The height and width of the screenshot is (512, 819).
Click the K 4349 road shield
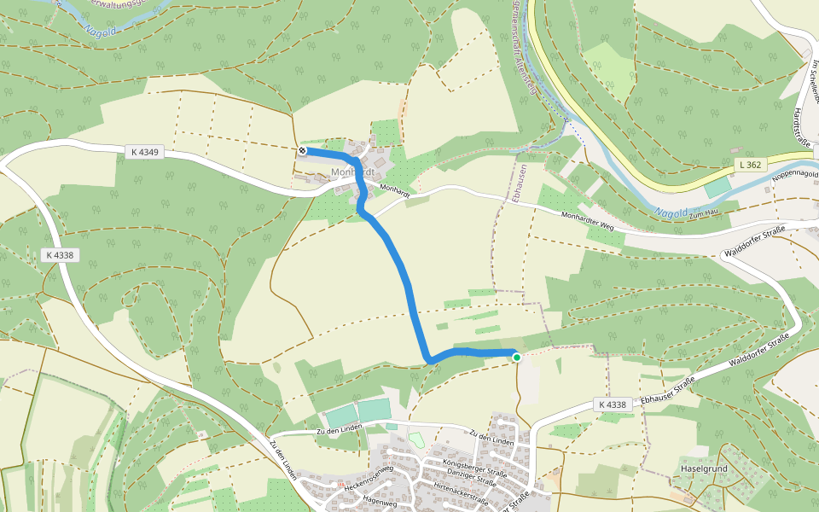147,152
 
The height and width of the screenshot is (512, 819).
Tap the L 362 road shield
751,163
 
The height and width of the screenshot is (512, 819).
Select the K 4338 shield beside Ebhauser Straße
613,404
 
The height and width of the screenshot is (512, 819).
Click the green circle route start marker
516,357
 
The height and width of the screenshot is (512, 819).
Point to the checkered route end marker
302,151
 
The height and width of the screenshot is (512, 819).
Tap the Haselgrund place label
702,468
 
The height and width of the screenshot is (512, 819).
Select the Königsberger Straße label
475,463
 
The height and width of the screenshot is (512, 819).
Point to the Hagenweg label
380,500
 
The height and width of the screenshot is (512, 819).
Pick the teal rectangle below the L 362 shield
718,187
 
